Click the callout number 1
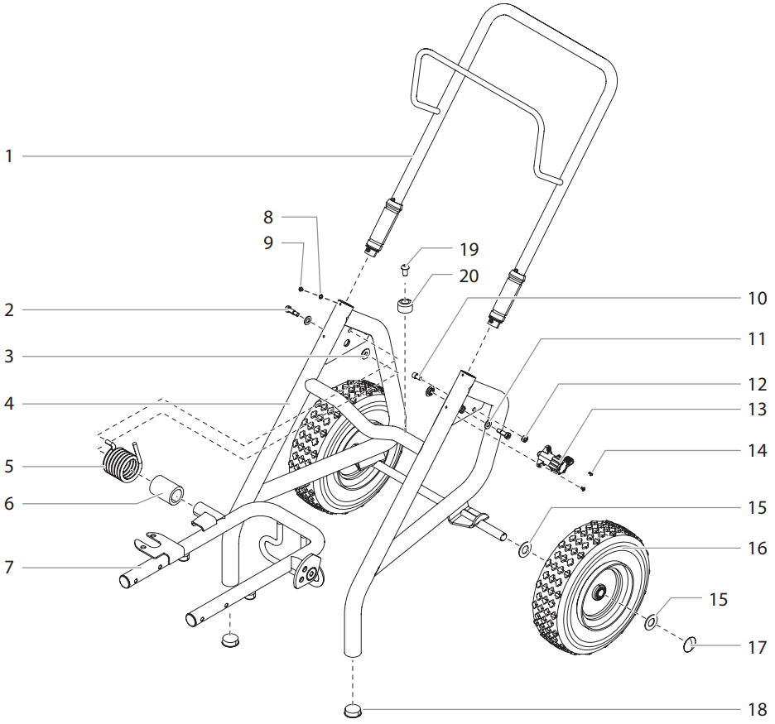click(x=9, y=156)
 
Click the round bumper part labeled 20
click(x=406, y=306)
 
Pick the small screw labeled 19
click(x=404, y=267)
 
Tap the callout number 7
click(x=9, y=568)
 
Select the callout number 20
click(x=469, y=276)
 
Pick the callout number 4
click(x=9, y=404)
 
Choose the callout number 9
click(x=267, y=243)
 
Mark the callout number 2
click(x=9, y=311)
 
